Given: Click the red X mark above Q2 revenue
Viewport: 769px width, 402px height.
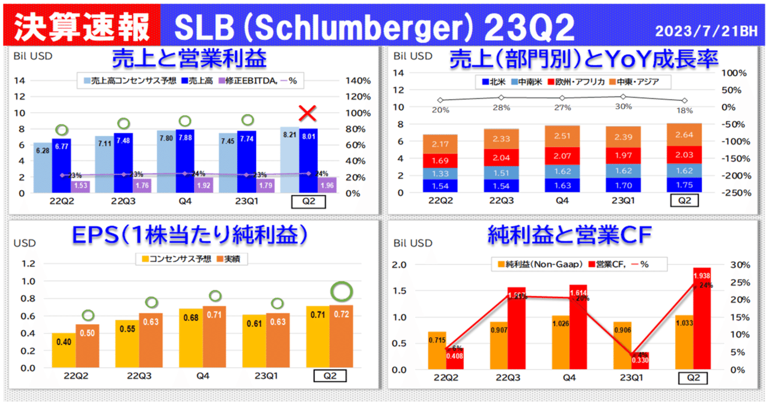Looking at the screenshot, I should tap(308, 112).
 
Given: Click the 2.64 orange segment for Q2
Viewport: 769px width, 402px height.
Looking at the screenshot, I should tap(684, 134).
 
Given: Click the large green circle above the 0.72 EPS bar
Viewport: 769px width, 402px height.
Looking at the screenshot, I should tap(343, 292).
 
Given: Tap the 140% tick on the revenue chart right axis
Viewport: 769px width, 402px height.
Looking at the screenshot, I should tap(356, 80).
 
